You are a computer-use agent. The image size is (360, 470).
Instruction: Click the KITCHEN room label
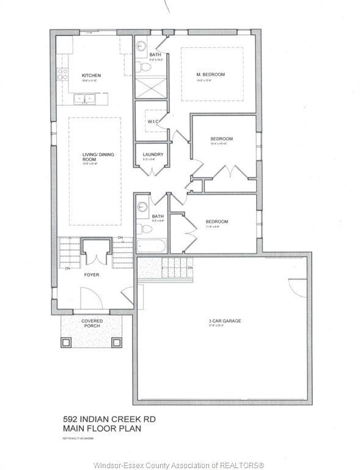click(92, 76)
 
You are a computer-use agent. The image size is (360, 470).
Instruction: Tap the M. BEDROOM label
click(210, 75)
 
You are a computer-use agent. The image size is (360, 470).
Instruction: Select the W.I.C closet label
click(153, 121)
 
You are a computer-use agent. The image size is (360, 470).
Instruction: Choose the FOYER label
click(92, 275)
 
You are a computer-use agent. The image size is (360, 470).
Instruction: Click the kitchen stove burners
click(62, 75)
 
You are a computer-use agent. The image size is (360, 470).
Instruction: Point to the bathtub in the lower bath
click(150, 245)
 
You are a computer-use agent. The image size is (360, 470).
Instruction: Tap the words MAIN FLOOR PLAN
click(102, 428)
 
